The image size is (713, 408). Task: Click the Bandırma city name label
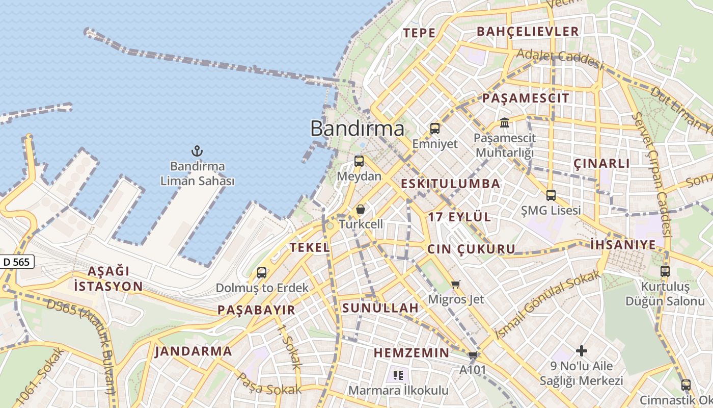tap(358, 129)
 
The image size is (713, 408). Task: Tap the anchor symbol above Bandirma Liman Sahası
tap(197, 151)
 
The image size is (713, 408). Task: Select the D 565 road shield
tap(17, 262)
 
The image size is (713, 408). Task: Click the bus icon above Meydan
tap(359, 161)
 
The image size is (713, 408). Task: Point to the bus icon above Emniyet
tap(434, 129)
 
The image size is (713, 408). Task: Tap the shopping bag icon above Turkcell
tap(361, 209)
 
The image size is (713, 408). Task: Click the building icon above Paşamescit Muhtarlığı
tap(505, 122)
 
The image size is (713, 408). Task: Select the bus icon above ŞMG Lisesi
tap(551, 195)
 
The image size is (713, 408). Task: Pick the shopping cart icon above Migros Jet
tap(456, 284)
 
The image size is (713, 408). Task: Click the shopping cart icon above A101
tap(473, 355)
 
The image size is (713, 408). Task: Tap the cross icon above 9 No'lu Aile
tap(581, 351)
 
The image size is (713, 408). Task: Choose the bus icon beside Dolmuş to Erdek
tap(262, 273)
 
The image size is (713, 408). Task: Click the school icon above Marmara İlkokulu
tap(398, 376)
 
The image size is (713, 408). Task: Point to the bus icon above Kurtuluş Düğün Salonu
tap(665, 271)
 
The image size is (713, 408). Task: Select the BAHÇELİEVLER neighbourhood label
tap(528, 32)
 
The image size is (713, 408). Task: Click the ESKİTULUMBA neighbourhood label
tap(451, 184)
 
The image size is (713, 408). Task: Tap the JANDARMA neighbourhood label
tap(194, 351)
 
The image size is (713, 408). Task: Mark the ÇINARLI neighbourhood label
tap(601, 164)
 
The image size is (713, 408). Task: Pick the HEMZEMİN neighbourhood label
tap(412, 353)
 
